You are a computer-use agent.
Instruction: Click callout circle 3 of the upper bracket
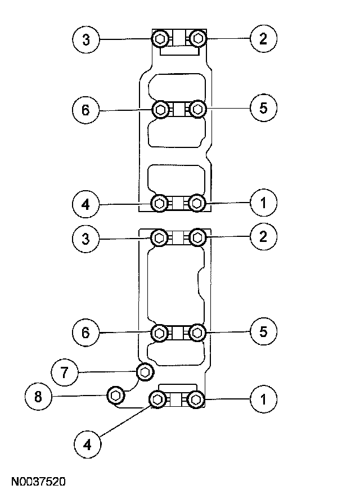click(x=86, y=39)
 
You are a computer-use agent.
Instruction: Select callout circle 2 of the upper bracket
click(x=263, y=39)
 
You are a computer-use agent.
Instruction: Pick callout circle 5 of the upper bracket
click(x=263, y=109)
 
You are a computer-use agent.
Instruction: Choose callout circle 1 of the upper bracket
click(x=263, y=203)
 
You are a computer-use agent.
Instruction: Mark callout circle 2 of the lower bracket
click(x=263, y=237)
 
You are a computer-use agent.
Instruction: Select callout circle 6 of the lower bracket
click(x=86, y=333)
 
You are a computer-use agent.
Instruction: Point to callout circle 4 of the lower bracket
click(x=86, y=444)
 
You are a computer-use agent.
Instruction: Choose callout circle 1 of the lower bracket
click(x=263, y=400)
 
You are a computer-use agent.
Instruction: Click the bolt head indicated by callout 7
click(x=145, y=371)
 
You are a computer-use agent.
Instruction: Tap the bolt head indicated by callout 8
click(x=115, y=396)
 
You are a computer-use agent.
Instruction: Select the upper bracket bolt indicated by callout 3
click(x=160, y=39)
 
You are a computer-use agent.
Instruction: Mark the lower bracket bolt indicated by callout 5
click(x=196, y=333)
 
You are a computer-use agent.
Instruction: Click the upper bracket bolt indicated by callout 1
click(x=196, y=203)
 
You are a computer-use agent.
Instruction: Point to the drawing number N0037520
click(x=38, y=482)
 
